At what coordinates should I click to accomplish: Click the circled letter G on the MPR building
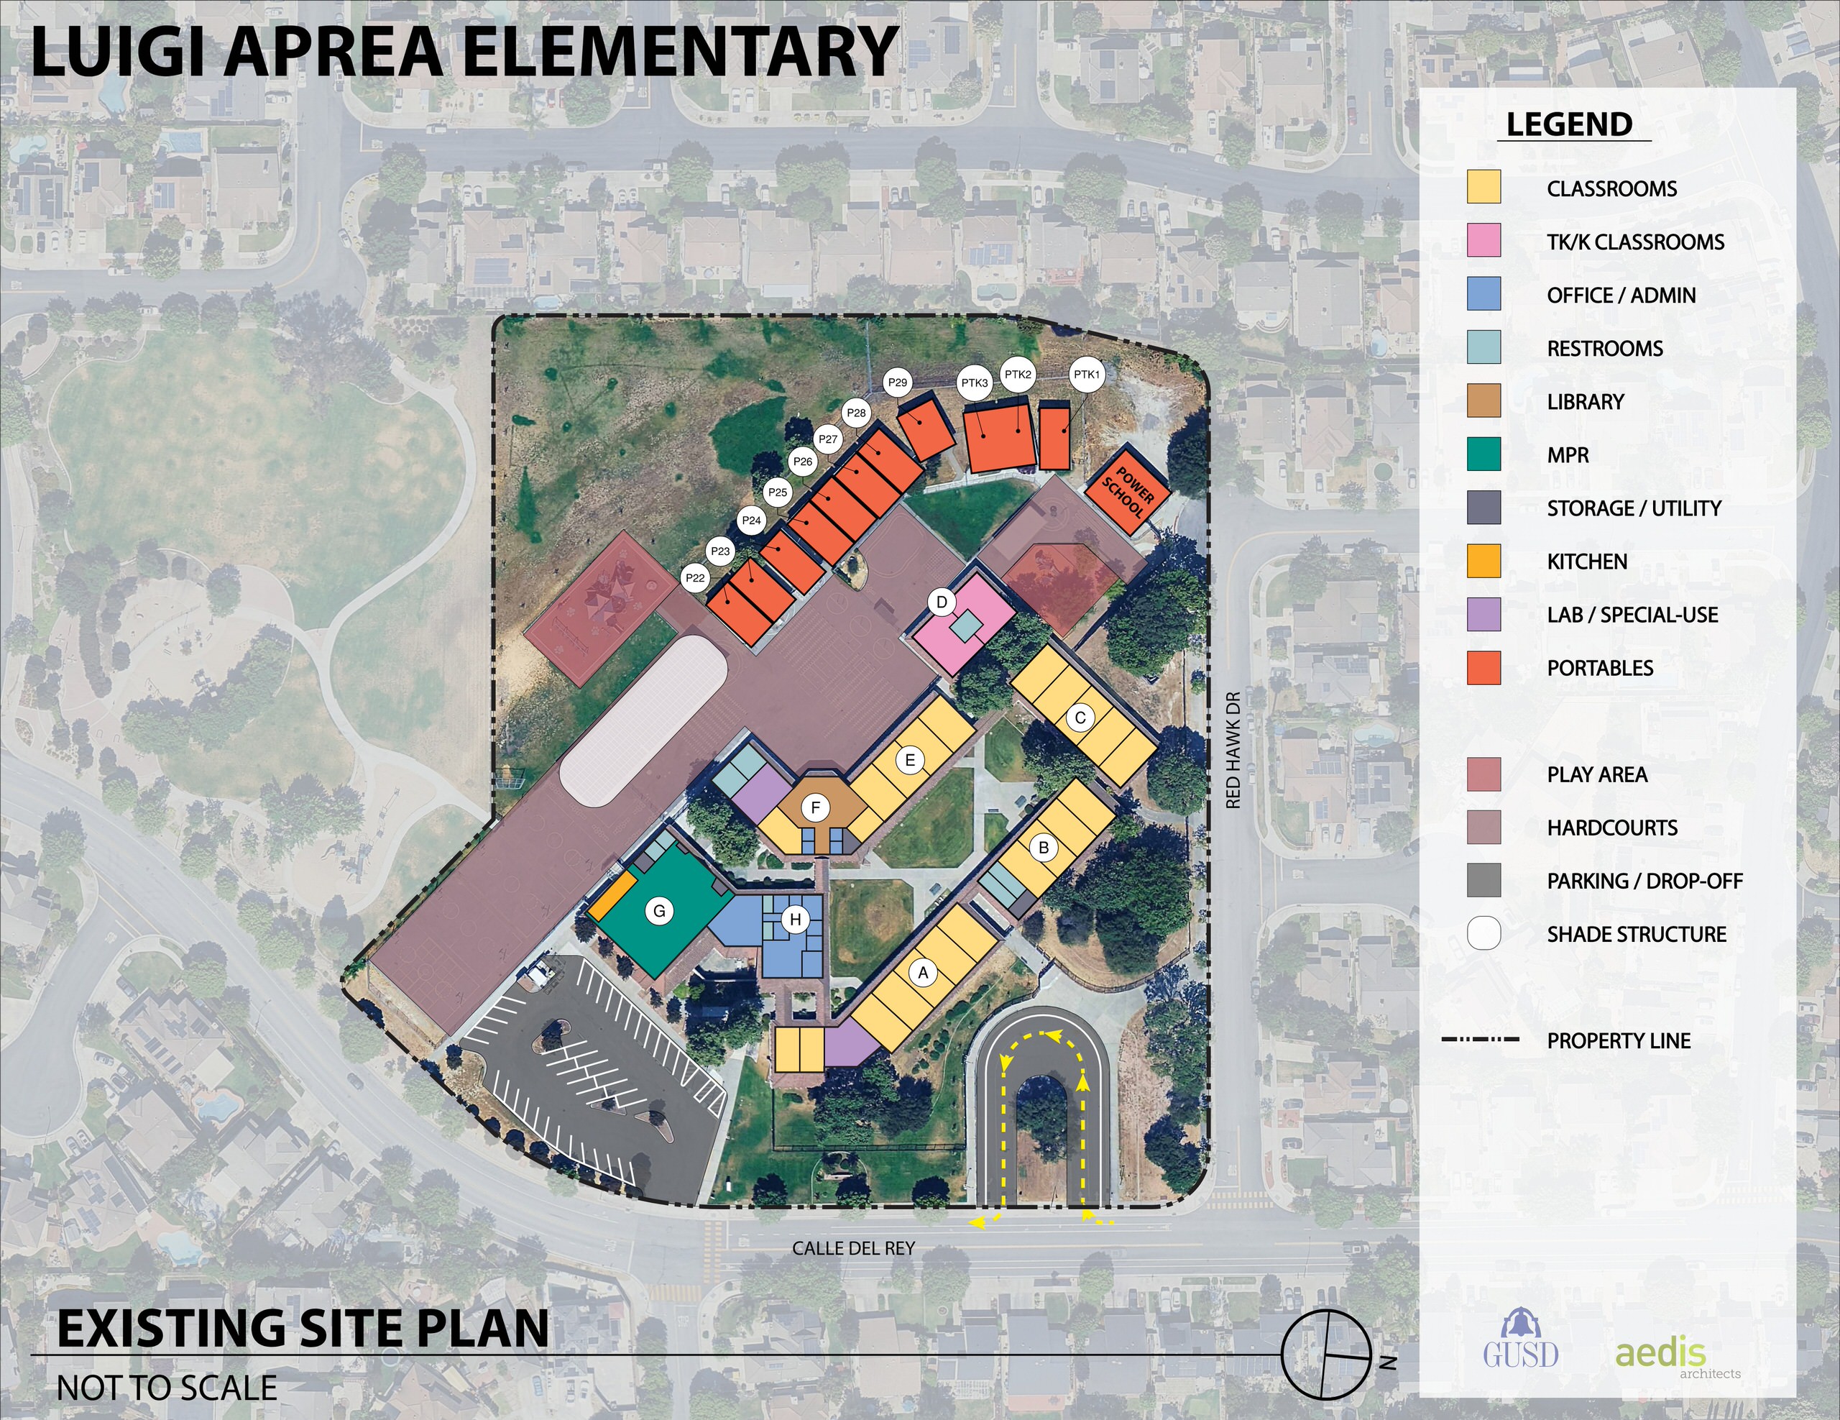(660, 911)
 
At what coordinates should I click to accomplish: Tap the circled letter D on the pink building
(942, 603)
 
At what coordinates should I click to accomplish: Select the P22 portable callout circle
(695, 578)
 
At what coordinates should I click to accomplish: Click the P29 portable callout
(898, 383)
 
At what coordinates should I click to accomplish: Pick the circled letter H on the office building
(794, 920)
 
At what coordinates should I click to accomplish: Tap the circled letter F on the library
(816, 808)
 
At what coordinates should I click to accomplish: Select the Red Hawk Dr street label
(1234, 750)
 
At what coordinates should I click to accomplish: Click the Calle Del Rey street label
(853, 1248)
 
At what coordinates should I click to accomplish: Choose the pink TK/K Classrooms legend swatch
(1483, 241)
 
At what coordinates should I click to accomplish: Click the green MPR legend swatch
(1483, 454)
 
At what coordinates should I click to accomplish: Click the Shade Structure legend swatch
(1483, 934)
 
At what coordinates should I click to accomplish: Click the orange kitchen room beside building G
(612, 895)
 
